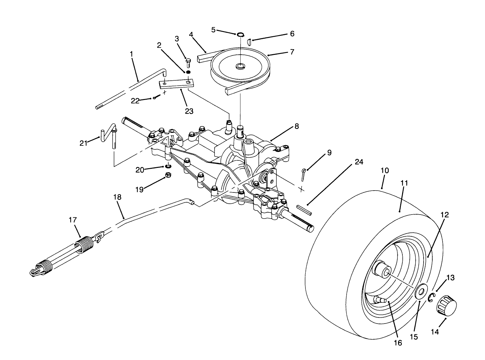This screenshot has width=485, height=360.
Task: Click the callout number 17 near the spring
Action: point(72,220)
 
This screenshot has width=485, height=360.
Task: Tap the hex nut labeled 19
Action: point(167,176)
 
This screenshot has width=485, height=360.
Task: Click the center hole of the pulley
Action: point(241,66)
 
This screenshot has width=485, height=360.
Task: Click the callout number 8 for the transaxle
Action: point(296,126)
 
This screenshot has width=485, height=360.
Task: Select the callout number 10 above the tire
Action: point(385,171)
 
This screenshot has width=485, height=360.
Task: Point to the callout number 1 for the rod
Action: point(131,54)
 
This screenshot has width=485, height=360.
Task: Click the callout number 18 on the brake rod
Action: point(118,197)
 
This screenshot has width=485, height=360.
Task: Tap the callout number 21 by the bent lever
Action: point(83,143)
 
